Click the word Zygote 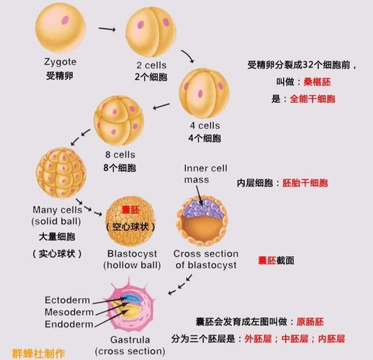pos(60,62)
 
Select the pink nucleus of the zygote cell pos(66,20)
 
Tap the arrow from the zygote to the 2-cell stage pos(107,30)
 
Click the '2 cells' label pos(151,65)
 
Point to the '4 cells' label pos(205,125)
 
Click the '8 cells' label pos(120,155)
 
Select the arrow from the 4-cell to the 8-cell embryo pos(161,107)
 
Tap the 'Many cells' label pos(58,210)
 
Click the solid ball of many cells pos(61,173)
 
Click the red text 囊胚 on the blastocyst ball pos(130,210)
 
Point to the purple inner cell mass pos(204,208)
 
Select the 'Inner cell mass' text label pos(205,174)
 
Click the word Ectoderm pos(68,300)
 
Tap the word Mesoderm pos(69,312)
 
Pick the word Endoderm pos(69,324)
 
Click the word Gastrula pos(130,340)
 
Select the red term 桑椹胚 pos(317,82)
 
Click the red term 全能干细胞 pos(313,99)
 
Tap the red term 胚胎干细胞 pos(305,183)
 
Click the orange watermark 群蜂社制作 pos(38,354)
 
